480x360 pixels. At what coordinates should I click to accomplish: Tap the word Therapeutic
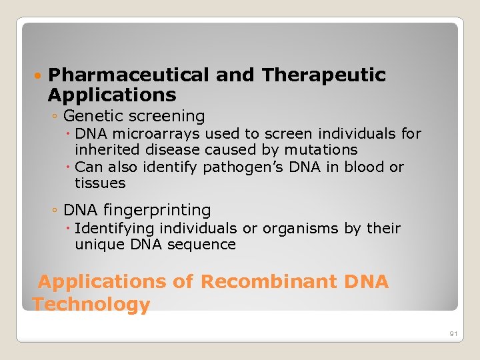(324, 75)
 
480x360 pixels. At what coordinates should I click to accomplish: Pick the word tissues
(100, 183)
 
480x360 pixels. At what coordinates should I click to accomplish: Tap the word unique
(97, 245)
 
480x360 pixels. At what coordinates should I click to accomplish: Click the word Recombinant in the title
(269, 282)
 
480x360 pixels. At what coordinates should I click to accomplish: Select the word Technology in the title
(91, 305)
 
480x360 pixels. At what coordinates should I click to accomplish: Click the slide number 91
(453, 333)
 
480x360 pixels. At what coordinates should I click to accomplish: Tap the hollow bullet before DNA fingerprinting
(54, 211)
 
